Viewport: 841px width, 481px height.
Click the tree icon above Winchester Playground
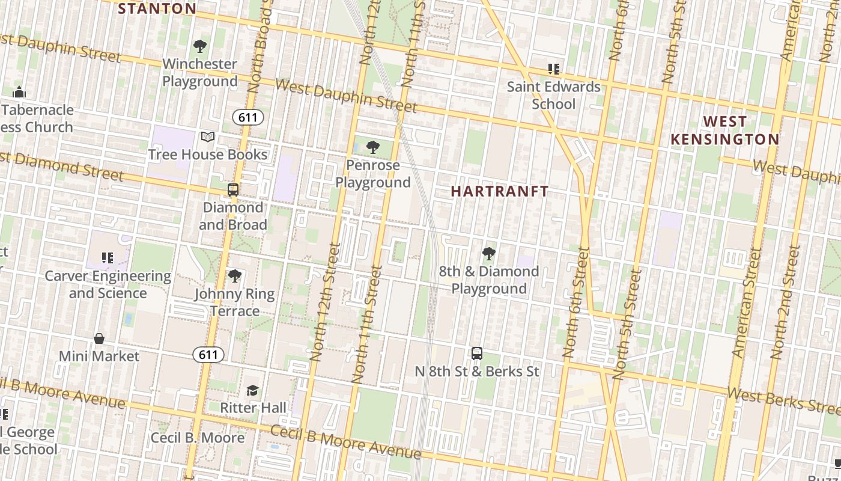(x=200, y=46)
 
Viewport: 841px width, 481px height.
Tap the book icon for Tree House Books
(x=208, y=137)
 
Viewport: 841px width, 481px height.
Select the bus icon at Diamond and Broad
(x=233, y=190)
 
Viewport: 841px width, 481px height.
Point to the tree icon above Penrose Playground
(x=373, y=147)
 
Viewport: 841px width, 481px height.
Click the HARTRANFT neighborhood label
(x=500, y=192)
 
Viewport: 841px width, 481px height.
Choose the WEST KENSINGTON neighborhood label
(x=724, y=130)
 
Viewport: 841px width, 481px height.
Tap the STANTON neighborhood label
(x=157, y=8)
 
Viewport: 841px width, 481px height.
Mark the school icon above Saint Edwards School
(x=553, y=69)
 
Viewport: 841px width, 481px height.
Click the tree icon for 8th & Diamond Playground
(x=489, y=254)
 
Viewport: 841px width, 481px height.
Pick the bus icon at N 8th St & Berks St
(x=477, y=354)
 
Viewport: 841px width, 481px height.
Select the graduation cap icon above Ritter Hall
(x=252, y=391)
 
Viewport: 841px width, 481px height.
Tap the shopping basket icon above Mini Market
(x=99, y=339)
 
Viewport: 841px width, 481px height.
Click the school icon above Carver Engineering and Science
(x=108, y=259)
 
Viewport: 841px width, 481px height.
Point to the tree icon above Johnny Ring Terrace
(x=234, y=277)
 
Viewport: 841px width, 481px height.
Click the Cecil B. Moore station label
(x=198, y=437)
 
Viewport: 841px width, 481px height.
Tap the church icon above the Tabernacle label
(x=19, y=93)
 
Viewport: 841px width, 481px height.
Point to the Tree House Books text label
(x=208, y=155)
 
